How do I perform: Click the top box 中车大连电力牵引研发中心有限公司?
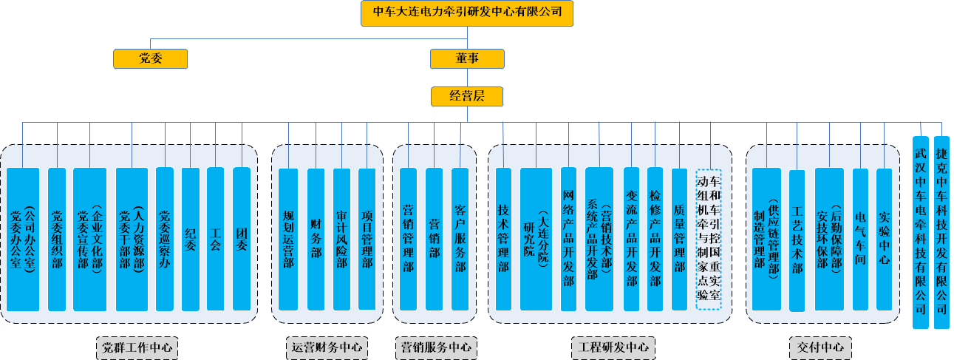pos(467,13)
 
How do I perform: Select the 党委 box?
pos(150,58)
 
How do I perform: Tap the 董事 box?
pos(467,58)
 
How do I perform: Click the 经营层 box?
pos(467,96)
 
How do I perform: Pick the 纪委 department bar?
pos(191,238)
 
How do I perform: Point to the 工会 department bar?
pos(215,238)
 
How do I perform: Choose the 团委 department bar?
pos(242,238)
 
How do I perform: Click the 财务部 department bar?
pos(316,238)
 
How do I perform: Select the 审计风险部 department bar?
pos(341,238)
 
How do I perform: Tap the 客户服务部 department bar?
pos(460,238)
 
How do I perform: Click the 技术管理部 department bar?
pos(503,238)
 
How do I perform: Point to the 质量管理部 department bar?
pos(679,238)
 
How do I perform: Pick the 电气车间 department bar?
pos(860,238)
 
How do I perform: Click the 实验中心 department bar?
pos(885,238)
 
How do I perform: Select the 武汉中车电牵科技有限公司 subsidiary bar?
pos(920,232)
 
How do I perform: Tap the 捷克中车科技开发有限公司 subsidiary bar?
pos(941,232)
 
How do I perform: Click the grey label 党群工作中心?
pos(137,347)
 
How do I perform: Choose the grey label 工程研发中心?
pos(613,347)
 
